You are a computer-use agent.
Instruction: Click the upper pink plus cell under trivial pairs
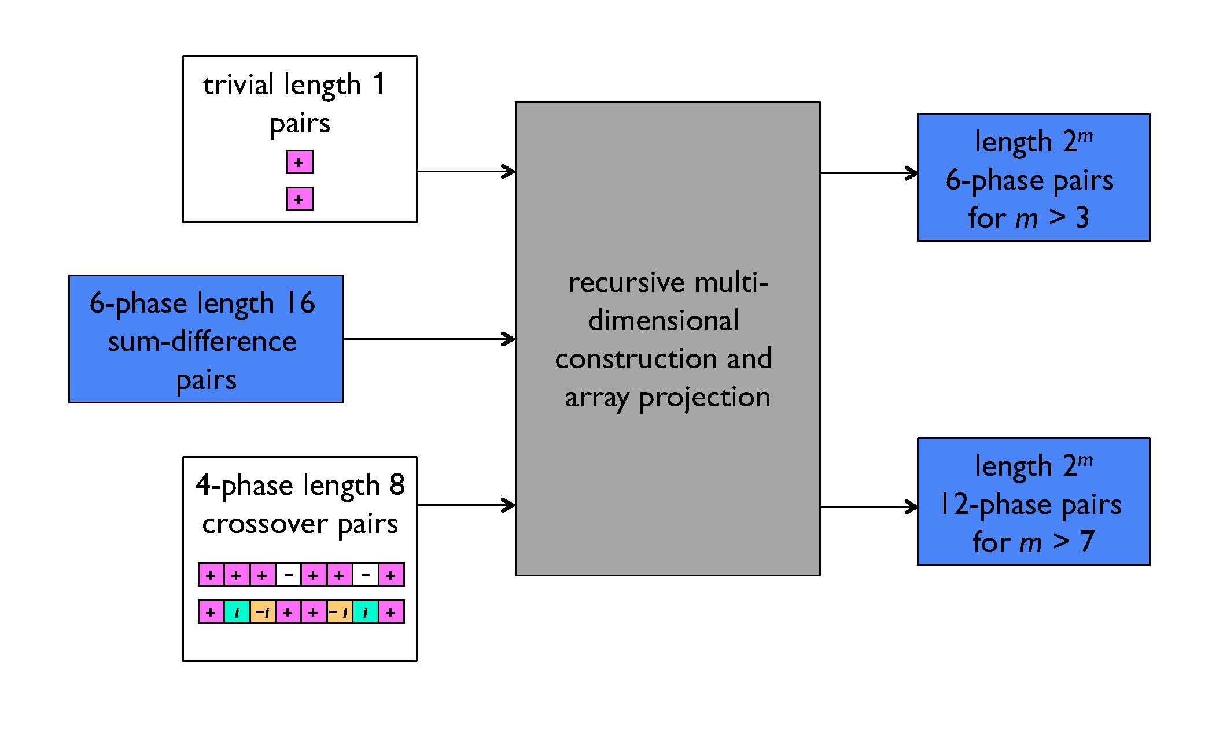pos(299,162)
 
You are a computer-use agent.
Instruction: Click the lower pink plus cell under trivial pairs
pos(299,199)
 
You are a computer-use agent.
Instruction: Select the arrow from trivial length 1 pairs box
pos(466,171)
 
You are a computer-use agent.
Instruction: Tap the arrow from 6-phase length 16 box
pos(429,339)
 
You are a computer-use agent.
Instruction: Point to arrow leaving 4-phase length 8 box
pos(466,505)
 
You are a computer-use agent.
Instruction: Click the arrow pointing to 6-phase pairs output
pos(868,173)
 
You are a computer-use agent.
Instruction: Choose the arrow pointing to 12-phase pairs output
pos(868,507)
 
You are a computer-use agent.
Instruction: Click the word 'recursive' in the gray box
pos(626,283)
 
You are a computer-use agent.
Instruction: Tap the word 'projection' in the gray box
pos(704,398)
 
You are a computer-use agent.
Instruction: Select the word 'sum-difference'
pos(202,342)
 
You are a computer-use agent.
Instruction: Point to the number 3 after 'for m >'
pos(1082,218)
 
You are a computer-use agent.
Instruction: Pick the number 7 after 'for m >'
pos(1086,542)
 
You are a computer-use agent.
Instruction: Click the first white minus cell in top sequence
pos(288,575)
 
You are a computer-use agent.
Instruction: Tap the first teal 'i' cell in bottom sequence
pos(237,612)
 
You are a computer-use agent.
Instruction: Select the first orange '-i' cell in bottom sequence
pos(262,612)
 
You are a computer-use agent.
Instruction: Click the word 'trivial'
pos(238,85)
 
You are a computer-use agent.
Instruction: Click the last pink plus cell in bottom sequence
pos(391,612)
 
